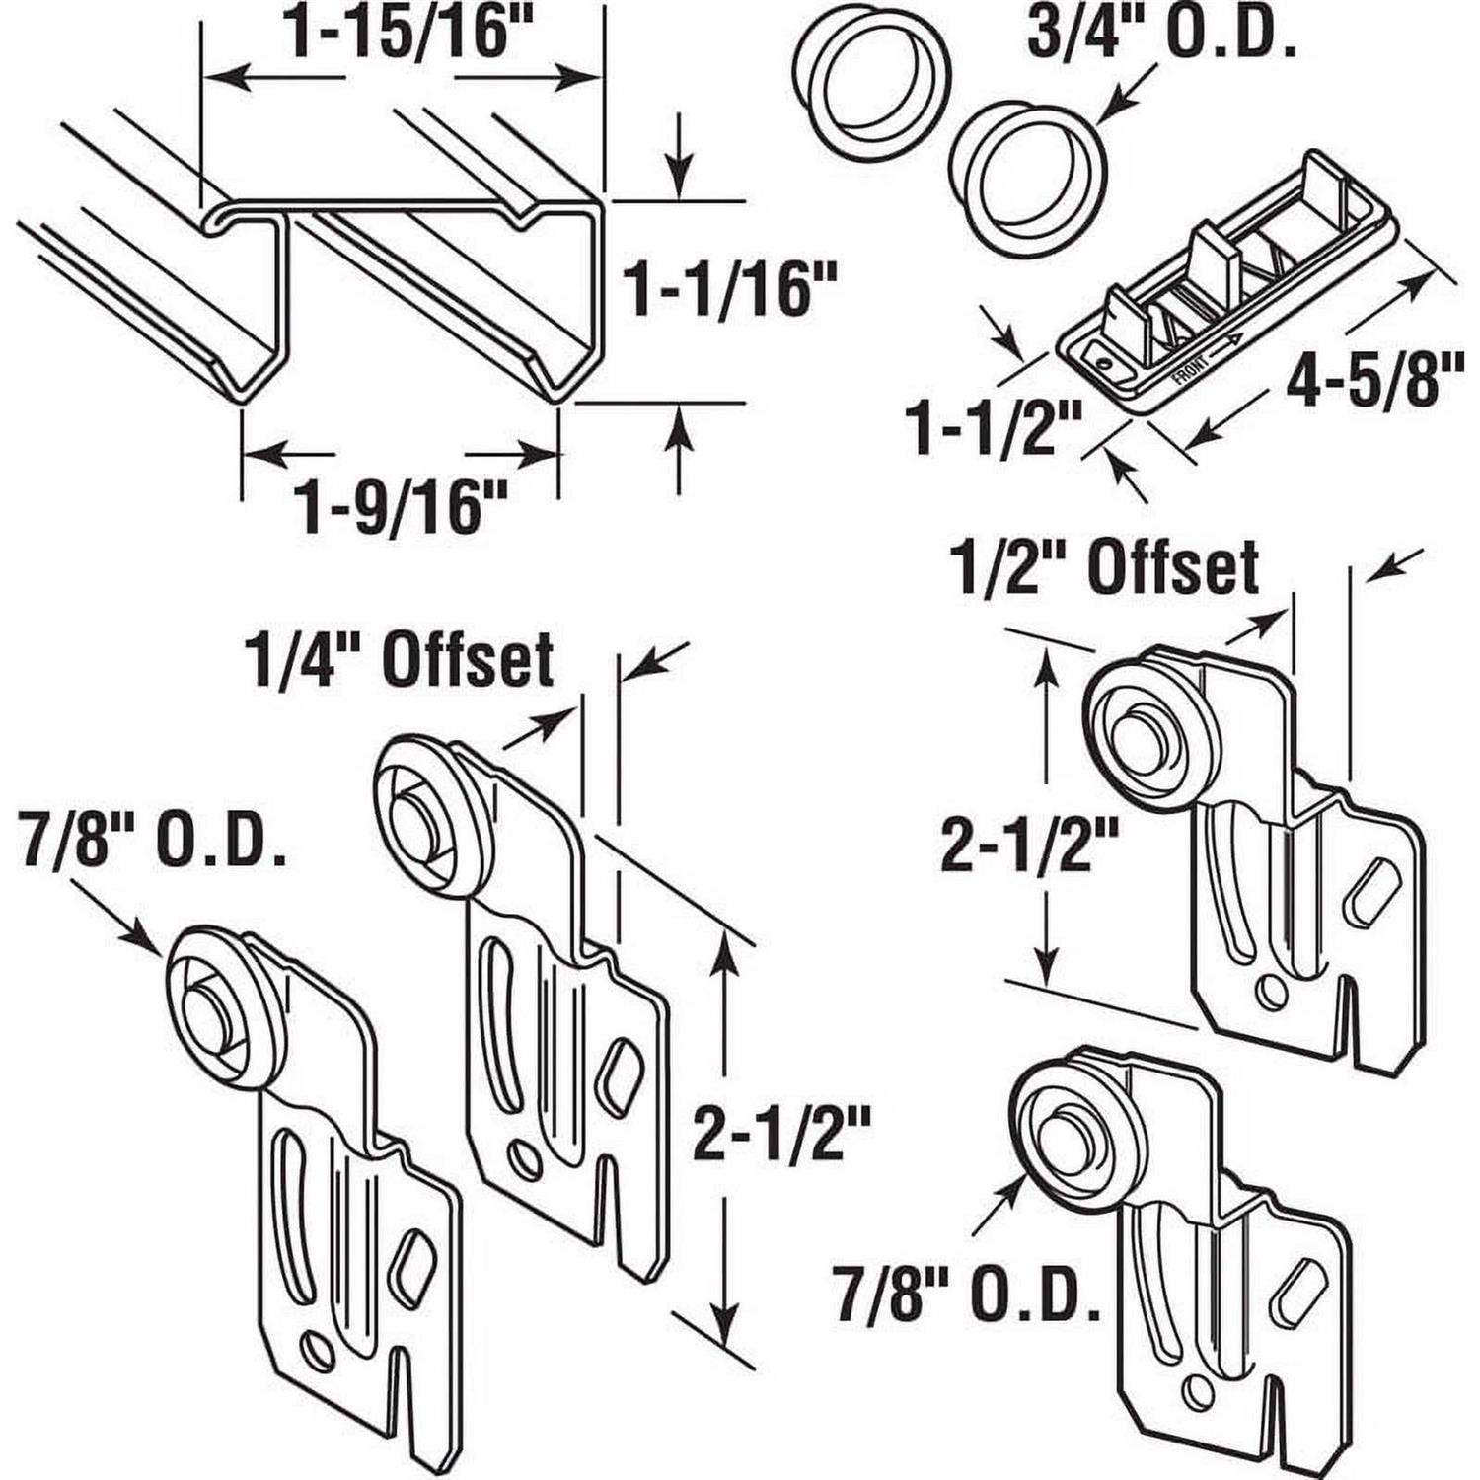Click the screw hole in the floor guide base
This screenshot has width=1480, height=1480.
point(1102,364)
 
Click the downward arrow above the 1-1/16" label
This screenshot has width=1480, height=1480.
point(678,183)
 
